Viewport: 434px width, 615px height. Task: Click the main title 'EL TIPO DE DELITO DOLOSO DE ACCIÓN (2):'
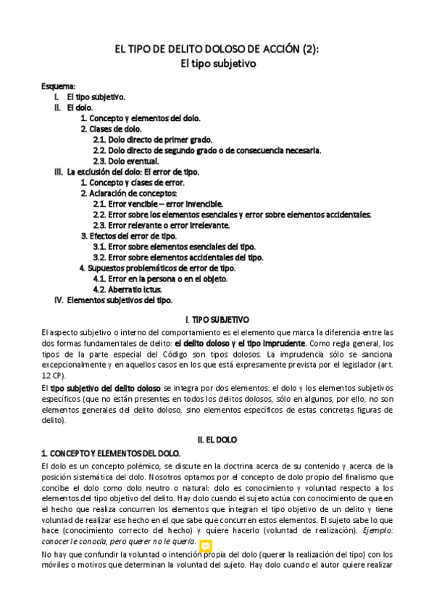click(x=217, y=49)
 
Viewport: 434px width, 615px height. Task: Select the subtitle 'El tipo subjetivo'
click(x=217, y=63)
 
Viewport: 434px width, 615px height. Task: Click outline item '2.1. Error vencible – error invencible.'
click(x=158, y=204)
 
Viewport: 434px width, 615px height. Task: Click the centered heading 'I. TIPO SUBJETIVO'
click(x=217, y=319)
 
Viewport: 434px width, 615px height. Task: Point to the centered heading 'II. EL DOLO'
click(x=217, y=439)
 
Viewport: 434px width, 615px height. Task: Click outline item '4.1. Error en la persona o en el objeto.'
click(x=161, y=278)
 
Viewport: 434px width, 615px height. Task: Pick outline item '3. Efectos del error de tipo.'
click(x=128, y=236)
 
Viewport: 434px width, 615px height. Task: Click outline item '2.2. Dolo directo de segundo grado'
click(x=166, y=150)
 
